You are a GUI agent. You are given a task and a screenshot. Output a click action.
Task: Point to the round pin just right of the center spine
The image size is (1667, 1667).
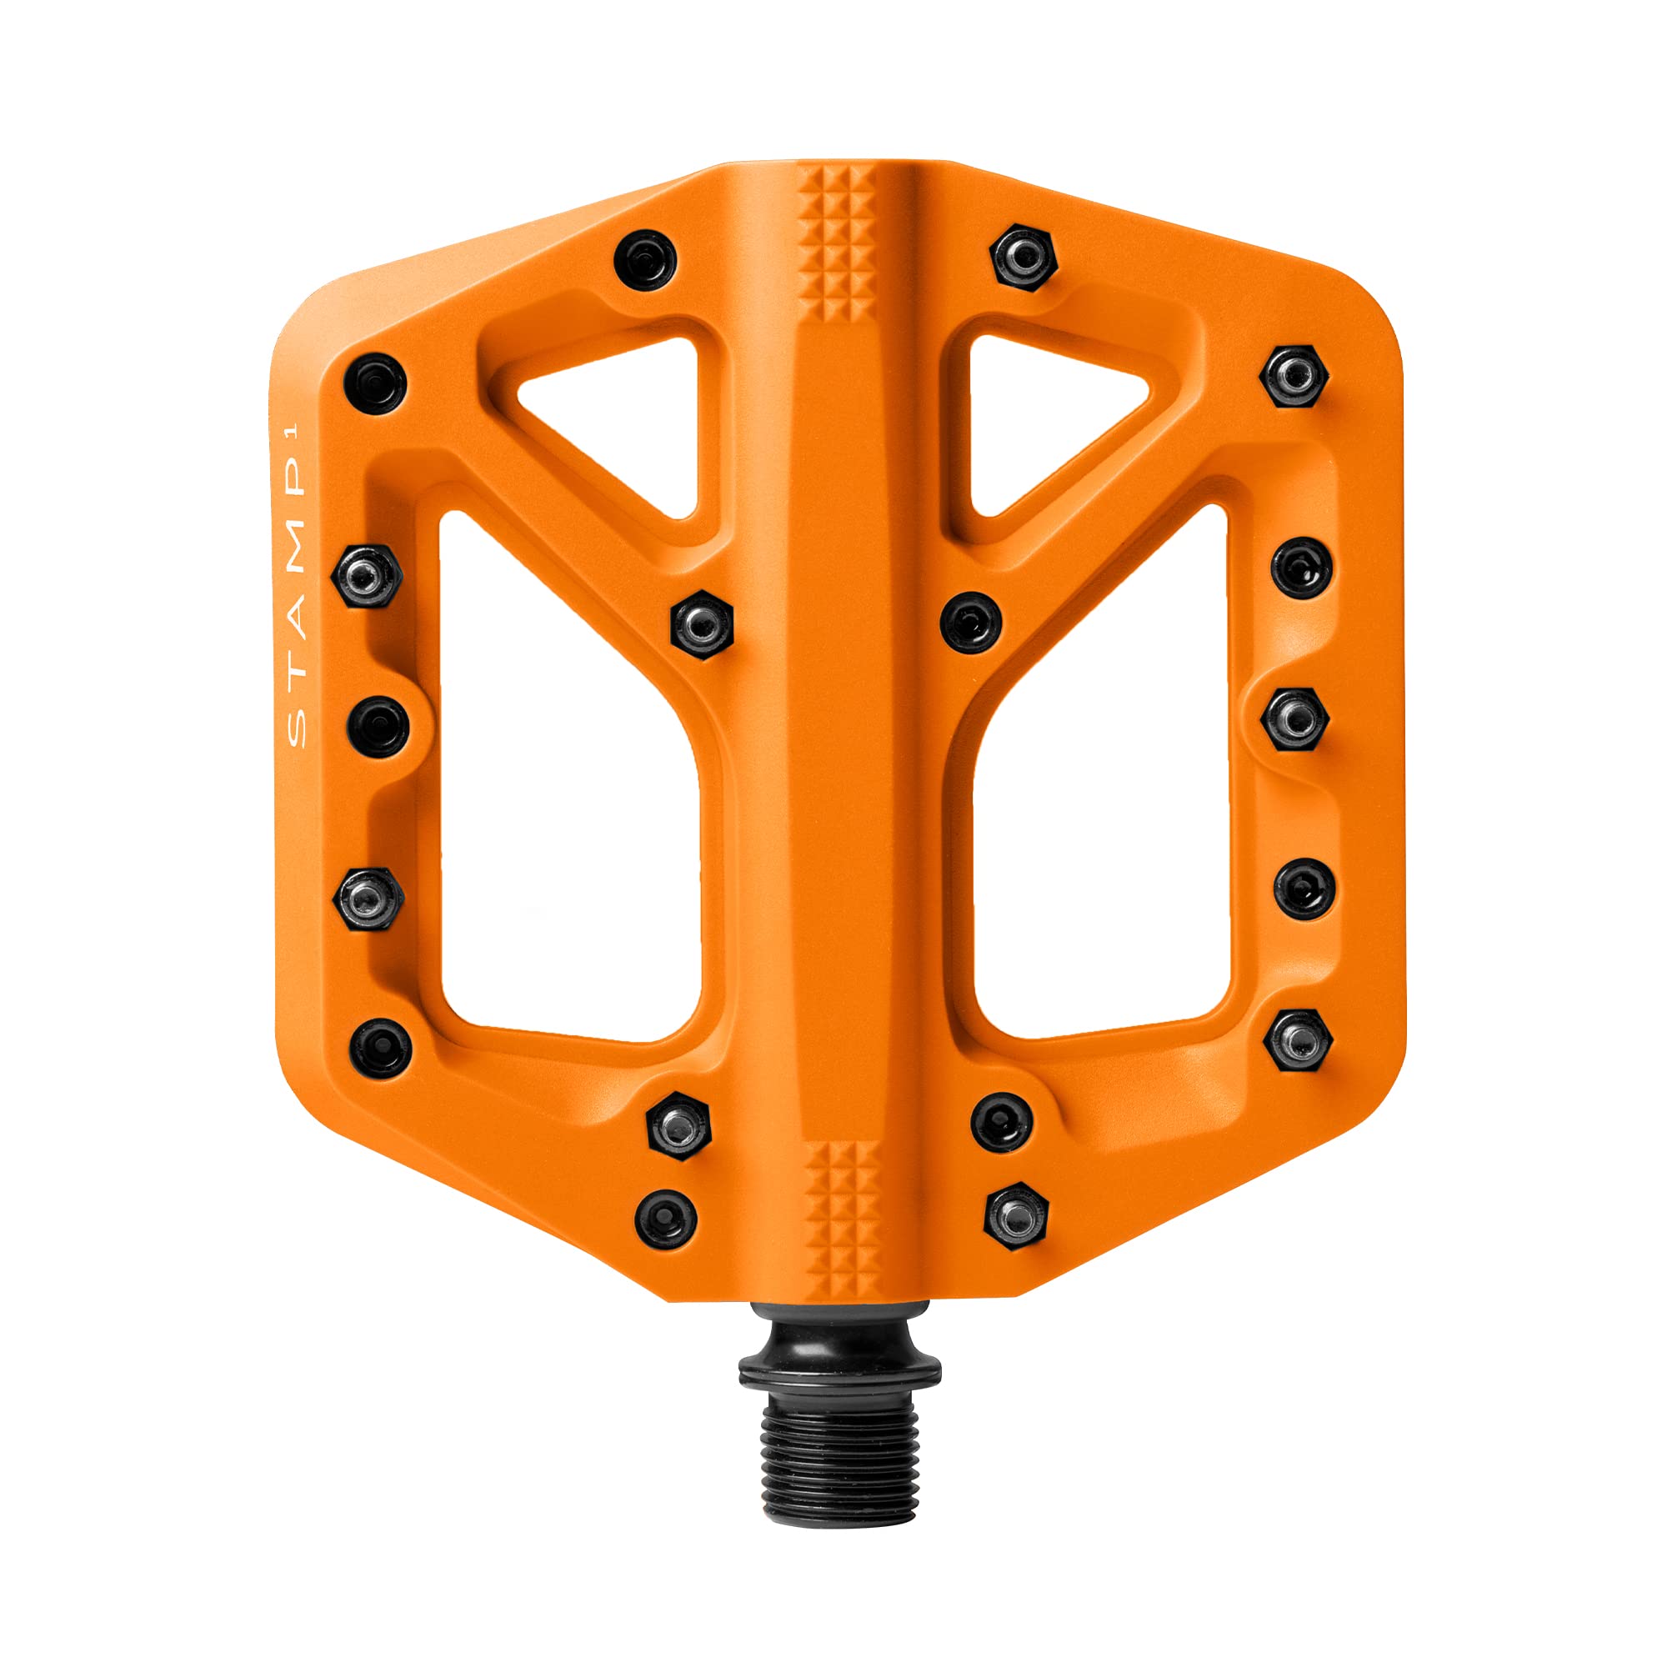pyautogui.click(x=972, y=622)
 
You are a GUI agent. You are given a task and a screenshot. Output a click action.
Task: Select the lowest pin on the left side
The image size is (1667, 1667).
pyautogui.click(x=666, y=1219)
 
